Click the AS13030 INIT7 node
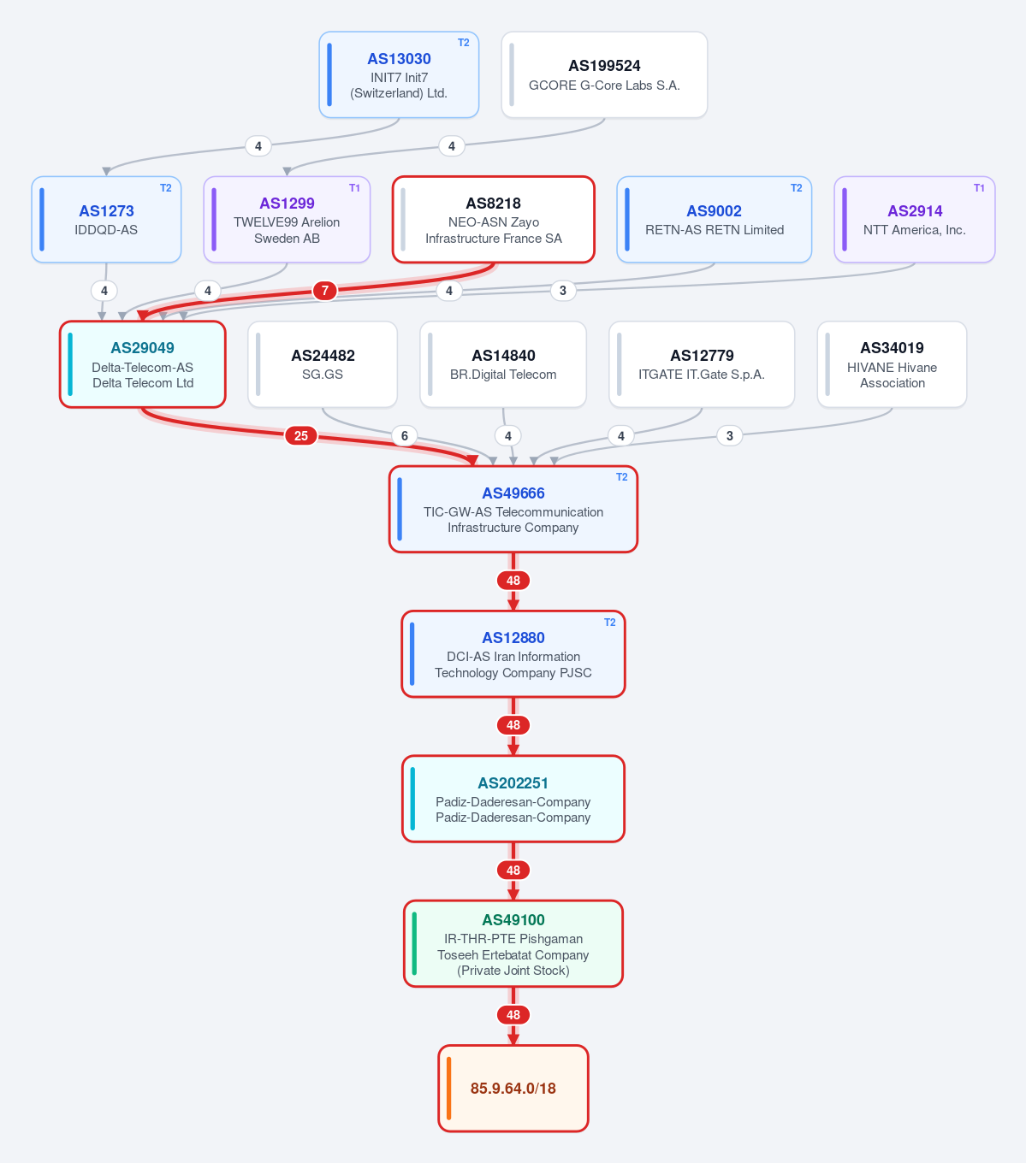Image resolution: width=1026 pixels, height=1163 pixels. click(399, 74)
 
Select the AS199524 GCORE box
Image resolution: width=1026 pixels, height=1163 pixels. click(604, 74)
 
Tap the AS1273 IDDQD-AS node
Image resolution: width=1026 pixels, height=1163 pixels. click(106, 219)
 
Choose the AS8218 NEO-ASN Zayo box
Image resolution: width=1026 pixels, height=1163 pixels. click(494, 219)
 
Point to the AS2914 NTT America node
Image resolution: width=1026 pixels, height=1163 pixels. click(915, 219)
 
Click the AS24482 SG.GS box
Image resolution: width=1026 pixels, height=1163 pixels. click(323, 364)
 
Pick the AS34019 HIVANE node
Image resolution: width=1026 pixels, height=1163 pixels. click(893, 364)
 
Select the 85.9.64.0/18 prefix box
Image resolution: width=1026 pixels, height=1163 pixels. click(513, 1089)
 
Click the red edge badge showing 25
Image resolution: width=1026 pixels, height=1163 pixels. click(301, 435)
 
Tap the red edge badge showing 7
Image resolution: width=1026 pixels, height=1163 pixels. click(325, 291)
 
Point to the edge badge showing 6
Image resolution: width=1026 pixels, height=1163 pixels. click(405, 435)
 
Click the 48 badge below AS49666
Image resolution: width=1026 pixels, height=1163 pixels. click(513, 581)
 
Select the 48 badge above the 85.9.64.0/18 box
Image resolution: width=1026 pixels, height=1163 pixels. click(513, 1015)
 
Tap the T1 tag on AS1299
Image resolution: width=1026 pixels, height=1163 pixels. click(354, 188)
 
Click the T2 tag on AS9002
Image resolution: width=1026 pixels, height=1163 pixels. click(796, 188)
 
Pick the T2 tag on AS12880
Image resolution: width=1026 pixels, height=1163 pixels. click(609, 623)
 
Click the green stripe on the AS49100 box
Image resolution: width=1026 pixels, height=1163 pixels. click(414, 944)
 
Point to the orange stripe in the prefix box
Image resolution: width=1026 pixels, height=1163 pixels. click(448, 1089)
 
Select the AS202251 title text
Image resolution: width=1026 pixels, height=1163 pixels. click(513, 783)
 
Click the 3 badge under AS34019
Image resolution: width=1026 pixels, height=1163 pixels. click(730, 435)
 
